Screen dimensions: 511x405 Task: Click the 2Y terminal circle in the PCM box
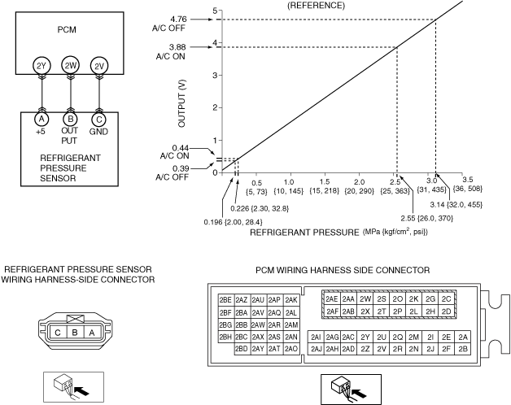41,66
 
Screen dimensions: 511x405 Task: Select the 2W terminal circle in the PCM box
70,66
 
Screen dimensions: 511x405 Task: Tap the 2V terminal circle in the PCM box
98,66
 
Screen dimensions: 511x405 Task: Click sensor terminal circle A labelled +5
41,120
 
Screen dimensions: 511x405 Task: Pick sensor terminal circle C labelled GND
98,120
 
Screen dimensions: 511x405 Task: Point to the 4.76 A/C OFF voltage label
169,24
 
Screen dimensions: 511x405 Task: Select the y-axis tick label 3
215,76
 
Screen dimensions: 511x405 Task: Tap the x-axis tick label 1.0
289,182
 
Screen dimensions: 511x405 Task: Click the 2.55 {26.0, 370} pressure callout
427,218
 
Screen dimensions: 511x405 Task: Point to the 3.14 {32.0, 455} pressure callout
456,205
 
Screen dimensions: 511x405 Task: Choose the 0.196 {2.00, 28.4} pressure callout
233,222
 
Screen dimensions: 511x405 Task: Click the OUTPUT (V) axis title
181,103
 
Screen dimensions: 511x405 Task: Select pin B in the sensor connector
75,333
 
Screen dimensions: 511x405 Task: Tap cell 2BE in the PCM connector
225,300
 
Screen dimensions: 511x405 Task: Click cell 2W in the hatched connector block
365,298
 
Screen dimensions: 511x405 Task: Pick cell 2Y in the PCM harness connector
365,337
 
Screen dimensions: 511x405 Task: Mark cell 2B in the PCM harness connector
463,349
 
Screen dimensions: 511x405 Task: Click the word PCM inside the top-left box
67,29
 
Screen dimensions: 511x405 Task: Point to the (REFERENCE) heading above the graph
316,6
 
